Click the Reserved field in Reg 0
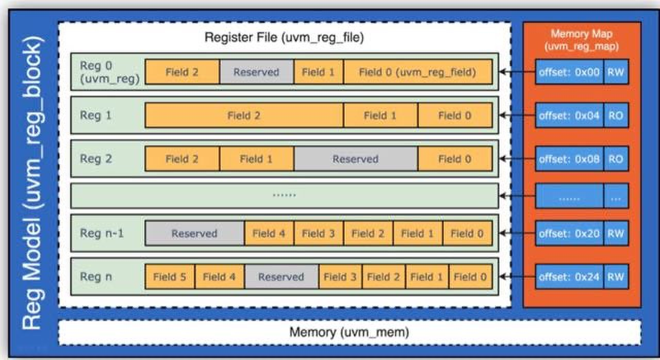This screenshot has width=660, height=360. [x=256, y=72]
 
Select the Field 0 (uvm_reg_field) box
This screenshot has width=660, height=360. [x=418, y=72]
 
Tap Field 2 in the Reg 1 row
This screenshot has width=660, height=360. [x=244, y=116]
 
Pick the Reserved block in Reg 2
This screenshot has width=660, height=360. [x=355, y=159]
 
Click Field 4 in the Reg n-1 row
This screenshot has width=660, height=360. [x=269, y=233]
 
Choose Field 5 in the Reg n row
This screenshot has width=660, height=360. [x=170, y=277]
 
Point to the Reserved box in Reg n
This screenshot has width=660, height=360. [x=281, y=277]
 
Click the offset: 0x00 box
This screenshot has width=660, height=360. [x=569, y=72]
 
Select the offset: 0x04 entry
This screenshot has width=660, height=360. [x=569, y=116]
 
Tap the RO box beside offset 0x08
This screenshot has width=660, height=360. [x=616, y=159]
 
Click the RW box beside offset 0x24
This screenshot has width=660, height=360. [x=616, y=277]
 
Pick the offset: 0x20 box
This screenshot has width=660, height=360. [x=569, y=233]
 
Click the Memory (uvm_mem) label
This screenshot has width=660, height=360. [x=349, y=332]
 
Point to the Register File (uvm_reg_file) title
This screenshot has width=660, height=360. [x=284, y=38]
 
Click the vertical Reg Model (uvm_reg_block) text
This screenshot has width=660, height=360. [x=32, y=183]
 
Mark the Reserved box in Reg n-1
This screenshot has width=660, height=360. [x=194, y=233]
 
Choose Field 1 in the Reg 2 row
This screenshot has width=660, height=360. [x=256, y=159]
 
